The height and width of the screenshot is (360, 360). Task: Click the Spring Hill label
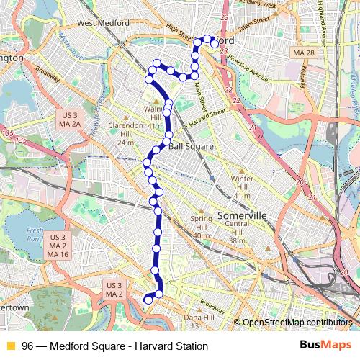pyautogui.click(x=202, y=222)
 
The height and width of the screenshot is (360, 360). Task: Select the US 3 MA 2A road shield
pyautogui.click(x=69, y=120)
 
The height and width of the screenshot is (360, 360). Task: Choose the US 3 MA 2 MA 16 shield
pyautogui.click(x=58, y=246)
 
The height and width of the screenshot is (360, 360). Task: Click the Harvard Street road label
pyautogui.click(x=208, y=114)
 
